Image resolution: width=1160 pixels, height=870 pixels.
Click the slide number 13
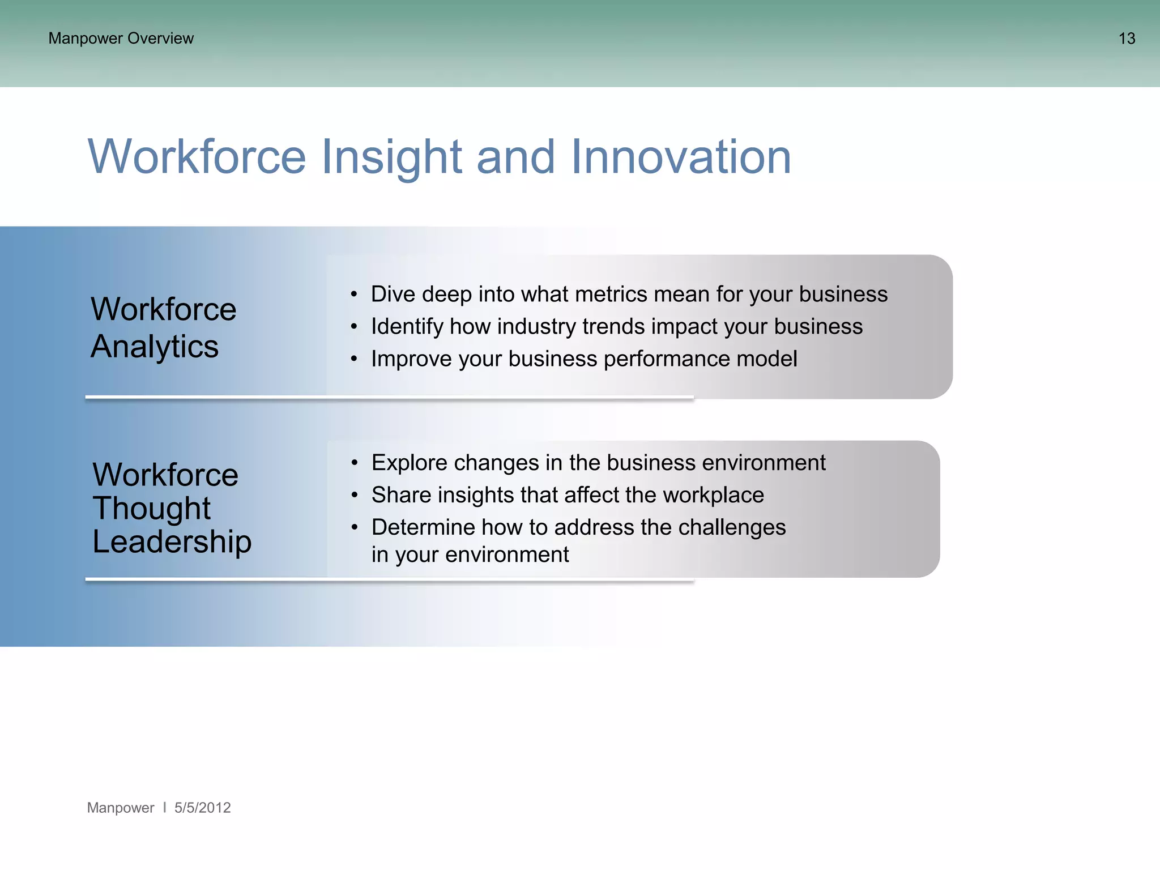[1126, 39]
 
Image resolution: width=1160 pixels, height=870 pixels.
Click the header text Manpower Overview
[121, 39]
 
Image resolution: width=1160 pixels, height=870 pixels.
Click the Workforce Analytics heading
[163, 327]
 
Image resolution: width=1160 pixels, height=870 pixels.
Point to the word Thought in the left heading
[152, 507]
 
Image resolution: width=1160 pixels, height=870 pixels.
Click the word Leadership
[172, 541]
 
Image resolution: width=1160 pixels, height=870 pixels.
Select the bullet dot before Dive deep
[354, 295]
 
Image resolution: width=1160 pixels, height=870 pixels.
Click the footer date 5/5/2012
[202, 808]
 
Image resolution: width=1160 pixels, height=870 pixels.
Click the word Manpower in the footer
[120, 808]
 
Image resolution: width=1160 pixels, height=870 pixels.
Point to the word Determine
[423, 528]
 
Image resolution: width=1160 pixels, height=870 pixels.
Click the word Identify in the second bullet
[407, 327]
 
